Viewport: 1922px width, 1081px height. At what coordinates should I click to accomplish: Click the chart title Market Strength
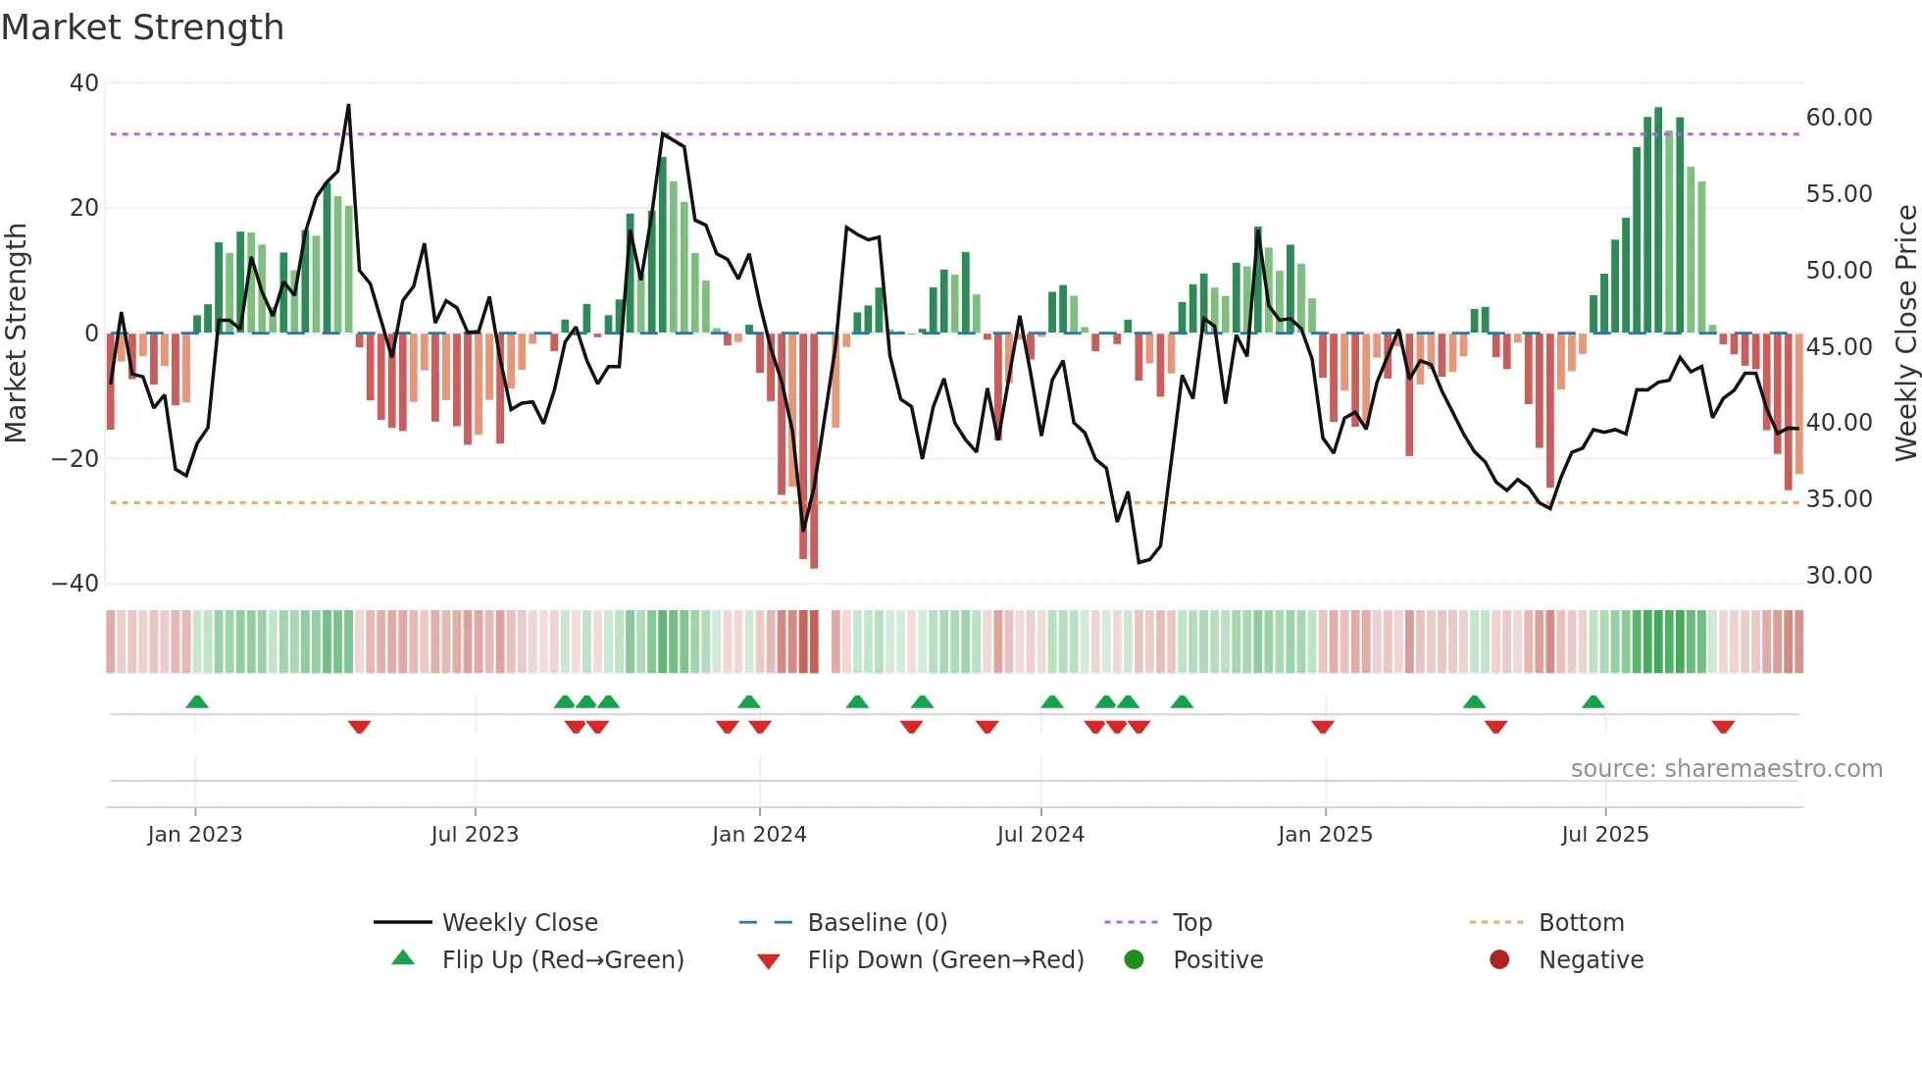tap(142, 27)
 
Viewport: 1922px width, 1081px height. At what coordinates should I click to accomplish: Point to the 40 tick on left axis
tap(84, 83)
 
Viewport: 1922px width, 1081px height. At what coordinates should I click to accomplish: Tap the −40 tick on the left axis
tap(76, 584)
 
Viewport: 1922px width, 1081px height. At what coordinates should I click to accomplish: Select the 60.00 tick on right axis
tap(1839, 118)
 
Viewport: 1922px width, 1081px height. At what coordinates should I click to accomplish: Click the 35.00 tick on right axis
tap(1839, 499)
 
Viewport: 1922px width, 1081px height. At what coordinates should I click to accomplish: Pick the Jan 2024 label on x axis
tap(759, 835)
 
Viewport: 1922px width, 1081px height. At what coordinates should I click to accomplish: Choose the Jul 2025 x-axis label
tap(1604, 835)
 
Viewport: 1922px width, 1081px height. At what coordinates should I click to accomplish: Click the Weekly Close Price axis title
tap(1905, 334)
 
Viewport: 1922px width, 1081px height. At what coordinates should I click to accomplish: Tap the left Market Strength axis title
tap(17, 334)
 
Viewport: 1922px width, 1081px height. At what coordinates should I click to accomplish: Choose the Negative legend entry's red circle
tap(1499, 960)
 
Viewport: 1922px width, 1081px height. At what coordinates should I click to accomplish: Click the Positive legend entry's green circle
tap(1135, 960)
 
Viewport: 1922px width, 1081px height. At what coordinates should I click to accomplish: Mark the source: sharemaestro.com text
tap(1726, 769)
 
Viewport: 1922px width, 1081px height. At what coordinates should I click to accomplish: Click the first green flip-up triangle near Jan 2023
tap(197, 702)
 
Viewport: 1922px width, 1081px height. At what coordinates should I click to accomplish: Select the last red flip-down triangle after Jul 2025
tap(1723, 727)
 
